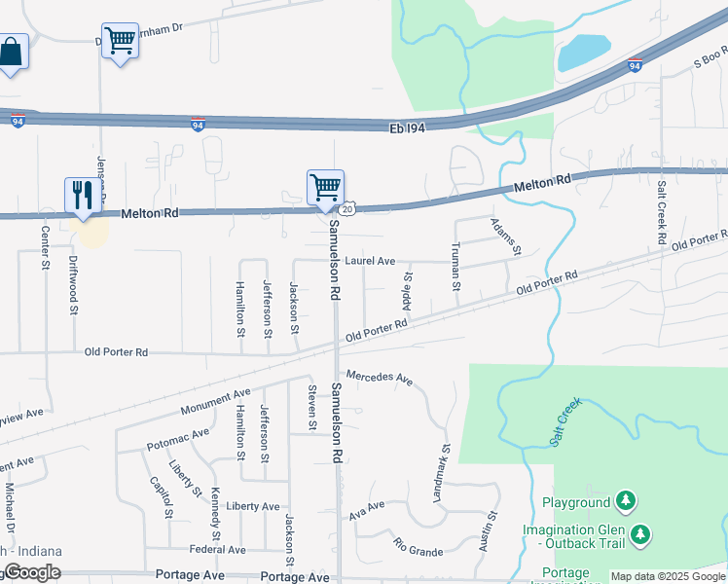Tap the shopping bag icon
click(x=11, y=51)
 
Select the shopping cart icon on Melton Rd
click(x=325, y=186)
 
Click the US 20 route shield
click(x=346, y=208)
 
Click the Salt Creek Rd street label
click(x=661, y=212)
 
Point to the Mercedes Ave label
click(x=381, y=377)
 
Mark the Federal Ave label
click(x=218, y=550)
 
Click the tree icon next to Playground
click(x=628, y=502)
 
